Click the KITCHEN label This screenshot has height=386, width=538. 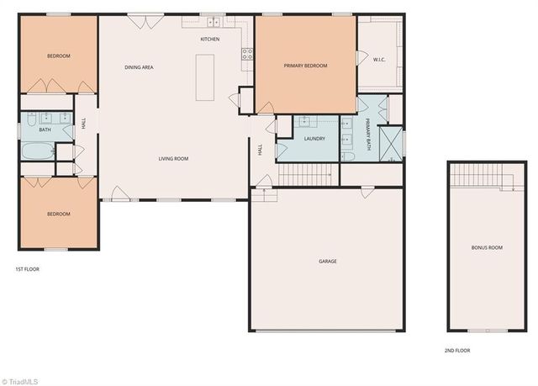point(210,40)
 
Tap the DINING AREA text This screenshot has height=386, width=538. point(139,67)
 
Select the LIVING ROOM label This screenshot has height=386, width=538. point(173,158)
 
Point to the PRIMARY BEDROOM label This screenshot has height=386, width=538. point(305,66)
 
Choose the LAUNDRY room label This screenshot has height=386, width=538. point(314,138)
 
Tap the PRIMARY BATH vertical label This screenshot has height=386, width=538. point(368,133)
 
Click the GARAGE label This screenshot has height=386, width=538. point(328,262)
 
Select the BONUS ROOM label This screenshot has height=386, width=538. point(487,247)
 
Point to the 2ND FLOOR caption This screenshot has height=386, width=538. point(457,350)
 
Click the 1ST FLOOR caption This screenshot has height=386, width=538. point(28,269)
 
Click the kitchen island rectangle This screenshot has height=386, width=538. point(205,77)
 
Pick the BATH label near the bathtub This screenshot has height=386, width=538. point(45,130)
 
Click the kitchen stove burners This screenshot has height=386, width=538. point(247,54)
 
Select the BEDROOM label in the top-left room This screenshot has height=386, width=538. point(58,56)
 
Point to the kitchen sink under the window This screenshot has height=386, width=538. point(213,21)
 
